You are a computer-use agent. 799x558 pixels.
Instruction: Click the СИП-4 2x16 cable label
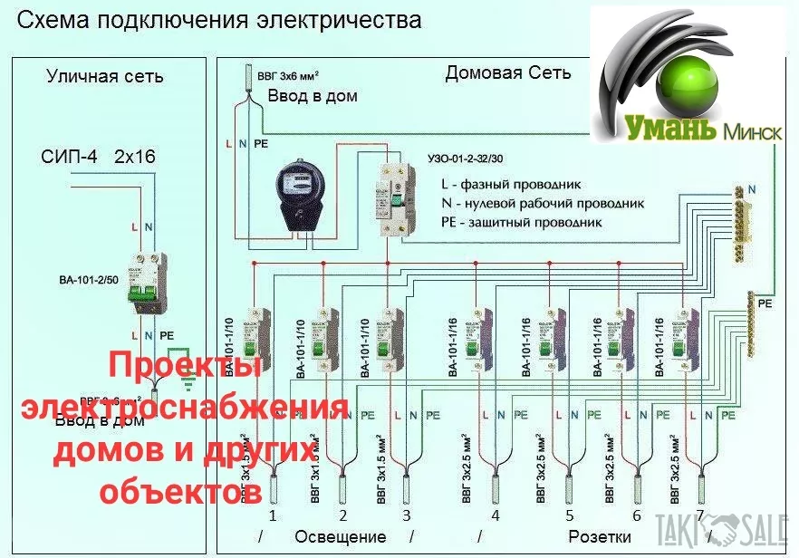tap(98, 157)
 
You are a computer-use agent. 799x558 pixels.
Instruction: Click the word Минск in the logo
tap(751, 132)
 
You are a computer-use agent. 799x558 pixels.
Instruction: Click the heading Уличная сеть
tap(105, 76)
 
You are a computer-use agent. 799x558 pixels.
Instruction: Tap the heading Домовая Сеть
tap(507, 73)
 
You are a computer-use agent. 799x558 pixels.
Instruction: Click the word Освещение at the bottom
tap(341, 537)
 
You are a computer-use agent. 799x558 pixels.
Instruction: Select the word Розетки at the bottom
tap(600, 537)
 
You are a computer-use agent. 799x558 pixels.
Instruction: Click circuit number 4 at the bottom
tap(495, 515)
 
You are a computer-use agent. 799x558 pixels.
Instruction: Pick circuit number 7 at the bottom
tap(699, 515)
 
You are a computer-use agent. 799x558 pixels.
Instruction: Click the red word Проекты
tap(186, 368)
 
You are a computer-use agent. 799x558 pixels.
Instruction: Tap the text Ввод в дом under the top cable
tap(312, 95)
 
